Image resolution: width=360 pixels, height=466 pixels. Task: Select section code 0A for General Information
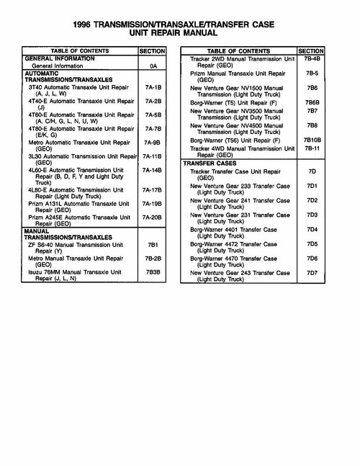[x=152, y=66]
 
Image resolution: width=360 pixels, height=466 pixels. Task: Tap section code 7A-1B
[x=152, y=86]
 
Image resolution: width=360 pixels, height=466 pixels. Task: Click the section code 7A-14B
[x=152, y=170]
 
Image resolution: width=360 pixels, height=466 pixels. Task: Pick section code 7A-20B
[x=152, y=216]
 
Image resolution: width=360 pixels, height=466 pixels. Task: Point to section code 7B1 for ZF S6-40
[x=152, y=244]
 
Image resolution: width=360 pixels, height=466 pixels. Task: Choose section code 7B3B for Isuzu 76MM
[x=152, y=272]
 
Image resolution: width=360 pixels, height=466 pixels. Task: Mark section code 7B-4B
[x=311, y=58]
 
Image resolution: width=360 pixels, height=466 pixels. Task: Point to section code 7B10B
[x=311, y=139]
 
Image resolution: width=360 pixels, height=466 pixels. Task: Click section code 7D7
[x=311, y=273]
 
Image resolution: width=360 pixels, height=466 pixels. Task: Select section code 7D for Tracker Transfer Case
[x=311, y=171]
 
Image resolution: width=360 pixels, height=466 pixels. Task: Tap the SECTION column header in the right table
[x=311, y=51]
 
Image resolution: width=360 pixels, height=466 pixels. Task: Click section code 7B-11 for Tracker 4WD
[x=311, y=148]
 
